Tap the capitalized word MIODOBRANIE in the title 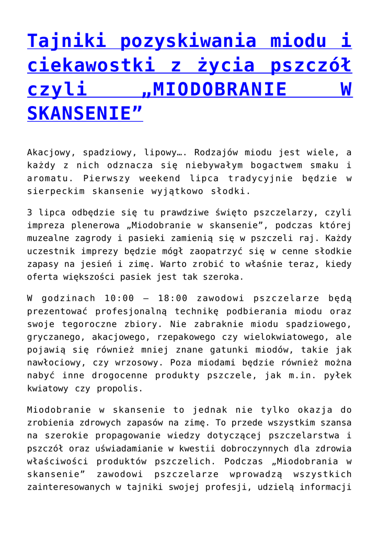[x=214, y=89]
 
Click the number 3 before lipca [x=30, y=213]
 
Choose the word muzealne [x=50, y=239]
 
